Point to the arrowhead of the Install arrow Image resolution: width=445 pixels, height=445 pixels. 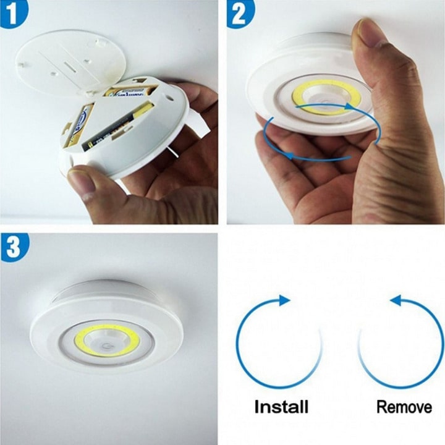(284, 300)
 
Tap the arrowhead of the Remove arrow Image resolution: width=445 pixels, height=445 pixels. (396, 301)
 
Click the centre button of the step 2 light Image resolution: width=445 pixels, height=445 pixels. (321, 99)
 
